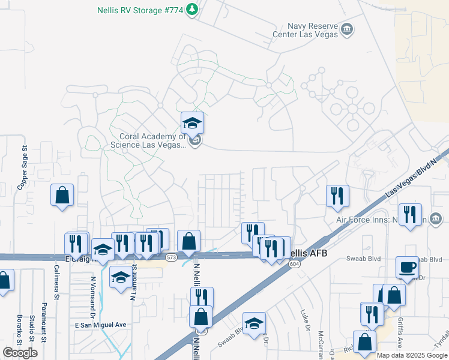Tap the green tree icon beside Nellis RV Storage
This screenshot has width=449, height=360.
coord(192,10)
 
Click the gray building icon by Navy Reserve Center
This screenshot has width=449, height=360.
coord(346,29)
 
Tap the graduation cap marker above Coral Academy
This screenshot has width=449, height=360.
coord(192,123)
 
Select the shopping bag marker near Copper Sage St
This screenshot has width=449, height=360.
coord(62,195)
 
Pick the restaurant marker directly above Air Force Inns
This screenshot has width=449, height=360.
coord(337,196)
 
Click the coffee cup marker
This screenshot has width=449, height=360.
coord(407,268)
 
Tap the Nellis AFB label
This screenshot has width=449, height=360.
coord(309,254)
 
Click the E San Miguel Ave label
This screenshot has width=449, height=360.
coord(101,325)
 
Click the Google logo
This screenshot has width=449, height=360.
coord(20,352)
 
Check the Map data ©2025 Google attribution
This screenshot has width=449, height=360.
coord(412,355)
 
